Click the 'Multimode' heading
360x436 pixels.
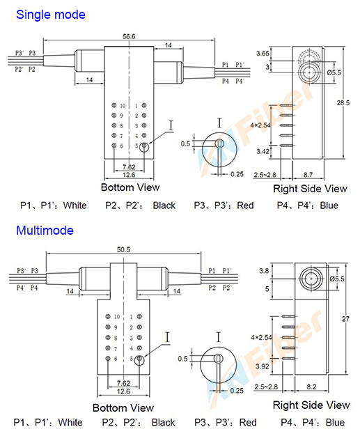pos(45,230)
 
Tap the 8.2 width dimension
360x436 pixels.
pos(310,385)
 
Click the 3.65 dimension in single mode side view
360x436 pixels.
pos(263,53)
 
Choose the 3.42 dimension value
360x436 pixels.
pos(263,150)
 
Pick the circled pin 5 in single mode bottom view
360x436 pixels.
pos(144,146)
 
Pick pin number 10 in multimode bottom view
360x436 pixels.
pos(119,316)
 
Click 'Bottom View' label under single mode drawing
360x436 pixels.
pos(130,187)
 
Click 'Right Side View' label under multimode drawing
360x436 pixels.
pos(311,405)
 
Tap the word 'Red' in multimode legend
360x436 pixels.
pos(248,422)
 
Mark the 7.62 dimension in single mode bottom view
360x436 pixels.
pos(128,168)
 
